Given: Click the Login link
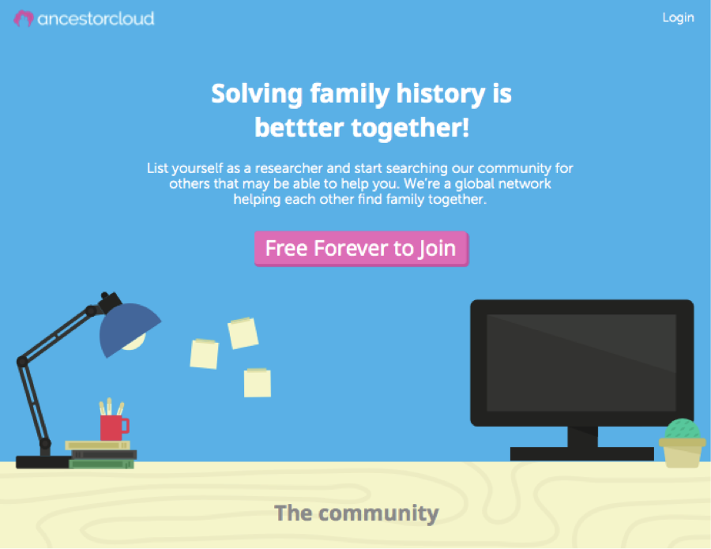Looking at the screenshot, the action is [678, 17].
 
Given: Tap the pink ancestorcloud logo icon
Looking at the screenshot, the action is [24, 19].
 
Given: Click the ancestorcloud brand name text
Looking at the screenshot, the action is [96, 19].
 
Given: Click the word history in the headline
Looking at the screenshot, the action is [441, 94].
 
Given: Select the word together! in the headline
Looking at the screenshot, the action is [410, 127].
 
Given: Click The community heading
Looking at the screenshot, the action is [356, 513].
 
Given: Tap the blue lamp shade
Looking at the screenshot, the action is [127, 327].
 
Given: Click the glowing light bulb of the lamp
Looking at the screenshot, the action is [134, 342].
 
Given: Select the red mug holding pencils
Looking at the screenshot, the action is [113, 427].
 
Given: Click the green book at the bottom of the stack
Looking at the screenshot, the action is [102, 464].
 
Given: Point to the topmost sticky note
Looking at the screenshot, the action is [243, 333].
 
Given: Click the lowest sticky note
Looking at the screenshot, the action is [258, 383].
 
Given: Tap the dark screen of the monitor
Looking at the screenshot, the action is [581, 363].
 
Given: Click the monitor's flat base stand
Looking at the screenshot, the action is [581, 453].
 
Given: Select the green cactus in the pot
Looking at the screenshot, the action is [683, 428].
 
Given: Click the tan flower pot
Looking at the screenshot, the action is [683, 453].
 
